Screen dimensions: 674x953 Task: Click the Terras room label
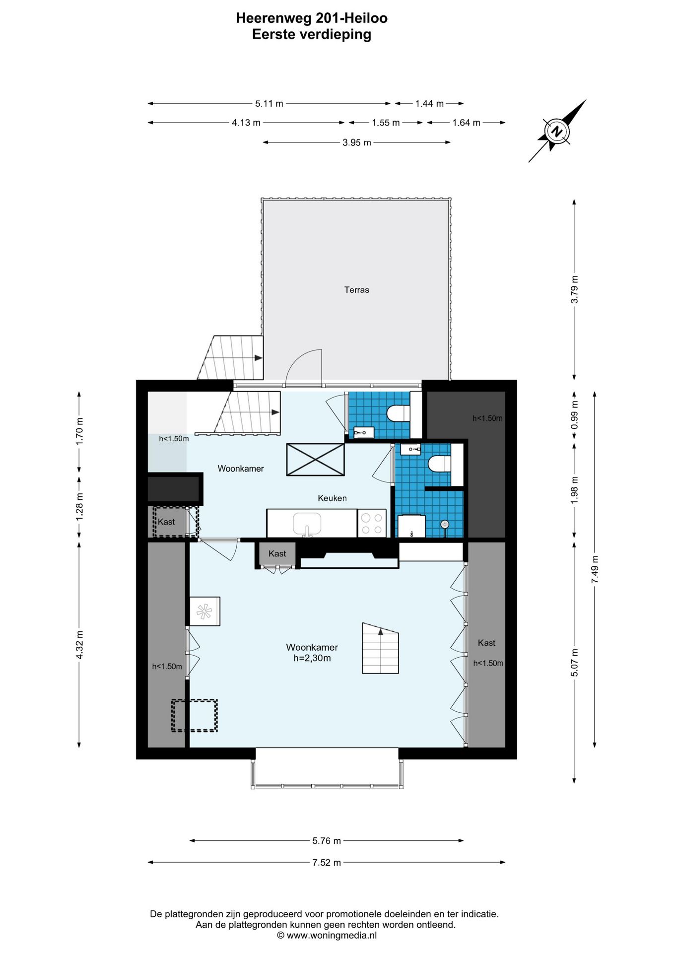click(356, 290)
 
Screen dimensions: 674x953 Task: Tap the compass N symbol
click(557, 132)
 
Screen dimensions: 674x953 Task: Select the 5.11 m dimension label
click(269, 104)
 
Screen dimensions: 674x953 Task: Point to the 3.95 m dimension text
click(356, 142)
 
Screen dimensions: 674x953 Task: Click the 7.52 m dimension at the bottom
click(327, 863)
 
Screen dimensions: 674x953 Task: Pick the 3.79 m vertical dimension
click(574, 289)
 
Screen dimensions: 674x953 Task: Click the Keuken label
click(332, 498)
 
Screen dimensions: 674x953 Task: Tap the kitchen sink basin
click(307, 524)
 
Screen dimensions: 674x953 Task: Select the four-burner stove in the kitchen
click(372, 524)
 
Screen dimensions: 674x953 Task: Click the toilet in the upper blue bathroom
click(399, 413)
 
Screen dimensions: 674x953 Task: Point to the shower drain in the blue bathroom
click(445, 524)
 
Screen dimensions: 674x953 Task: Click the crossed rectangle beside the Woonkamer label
click(315, 460)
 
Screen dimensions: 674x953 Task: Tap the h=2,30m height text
click(312, 658)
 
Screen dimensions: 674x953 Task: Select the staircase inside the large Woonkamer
click(380, 648)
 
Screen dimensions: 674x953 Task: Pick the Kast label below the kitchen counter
click(277, 554)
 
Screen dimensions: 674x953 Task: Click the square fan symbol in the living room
click(204, 611)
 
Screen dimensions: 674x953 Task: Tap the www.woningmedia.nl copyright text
click(327, 936)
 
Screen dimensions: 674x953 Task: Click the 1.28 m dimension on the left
click(79, 507)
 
